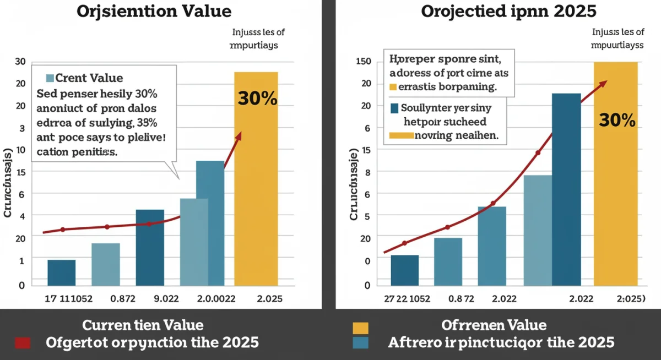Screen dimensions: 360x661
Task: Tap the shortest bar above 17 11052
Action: coord(62,272)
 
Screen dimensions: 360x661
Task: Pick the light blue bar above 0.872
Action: coord(106,264)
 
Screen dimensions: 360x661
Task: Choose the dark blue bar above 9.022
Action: coord(150,248)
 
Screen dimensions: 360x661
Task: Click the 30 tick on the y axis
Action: coord(20,61)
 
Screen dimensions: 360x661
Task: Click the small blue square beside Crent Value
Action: coord(51,78)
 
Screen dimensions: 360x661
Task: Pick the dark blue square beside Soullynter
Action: coord(394,108)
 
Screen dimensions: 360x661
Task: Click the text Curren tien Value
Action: coord(143,325)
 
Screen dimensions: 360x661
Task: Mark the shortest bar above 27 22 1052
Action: coord(405,270)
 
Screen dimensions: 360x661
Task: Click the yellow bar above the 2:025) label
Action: coord(615,176)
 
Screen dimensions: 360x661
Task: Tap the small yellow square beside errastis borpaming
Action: coord(393,87)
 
